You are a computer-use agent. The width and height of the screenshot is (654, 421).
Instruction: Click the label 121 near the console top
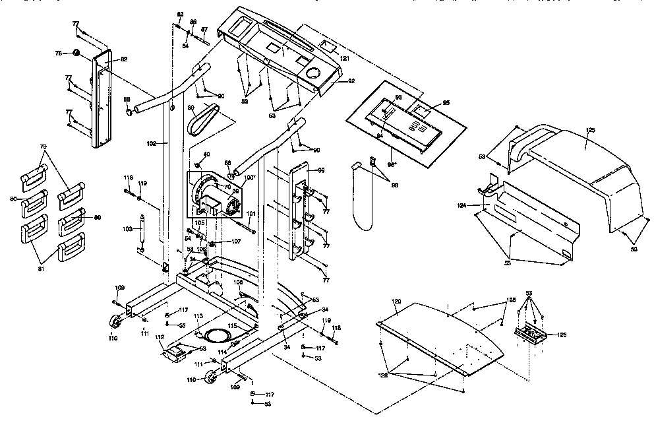pos(344,59)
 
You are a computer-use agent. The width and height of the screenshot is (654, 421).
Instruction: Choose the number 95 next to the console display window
pos(446,103)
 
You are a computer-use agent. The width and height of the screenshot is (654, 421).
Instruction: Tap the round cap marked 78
pos(76,52)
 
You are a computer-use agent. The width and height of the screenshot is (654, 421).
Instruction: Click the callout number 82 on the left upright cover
pos(123,59)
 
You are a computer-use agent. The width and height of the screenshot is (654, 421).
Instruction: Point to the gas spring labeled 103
pos(140,230)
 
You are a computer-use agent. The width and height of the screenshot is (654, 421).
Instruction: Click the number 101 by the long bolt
pos(251,213)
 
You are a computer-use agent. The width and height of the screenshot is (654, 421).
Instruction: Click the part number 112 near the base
pos(160,337)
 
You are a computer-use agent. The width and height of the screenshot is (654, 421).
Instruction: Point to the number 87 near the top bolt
pos(204,30)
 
